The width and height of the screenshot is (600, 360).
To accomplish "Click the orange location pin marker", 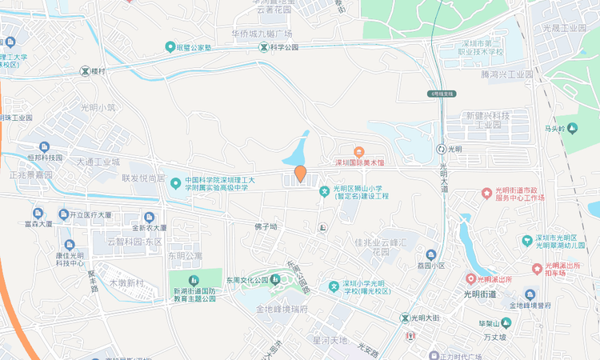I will (x=300, y=173).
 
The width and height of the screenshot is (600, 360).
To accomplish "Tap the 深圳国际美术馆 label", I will (x=360, y=162).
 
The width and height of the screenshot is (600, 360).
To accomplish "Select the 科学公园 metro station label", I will (x=283, y=47).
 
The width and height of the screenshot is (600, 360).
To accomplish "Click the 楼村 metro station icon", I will (x=85, y=70).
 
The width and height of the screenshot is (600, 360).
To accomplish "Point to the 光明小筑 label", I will (x=98, y=107).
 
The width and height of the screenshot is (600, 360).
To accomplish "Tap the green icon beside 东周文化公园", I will (x=276, y=280).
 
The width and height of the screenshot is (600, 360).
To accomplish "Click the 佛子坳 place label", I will (x=266, y=226).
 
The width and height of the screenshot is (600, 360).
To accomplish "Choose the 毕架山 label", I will (x=494, y=323).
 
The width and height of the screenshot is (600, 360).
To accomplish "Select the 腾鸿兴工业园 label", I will (x=507, y=74).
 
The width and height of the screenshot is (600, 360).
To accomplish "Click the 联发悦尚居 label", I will (x=143, y=178).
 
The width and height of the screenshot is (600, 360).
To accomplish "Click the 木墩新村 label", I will (x=127, y=283).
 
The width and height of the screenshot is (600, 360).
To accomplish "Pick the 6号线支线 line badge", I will (x=442, y=94).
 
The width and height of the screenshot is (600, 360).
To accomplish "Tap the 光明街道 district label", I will (x=480, y=294).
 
